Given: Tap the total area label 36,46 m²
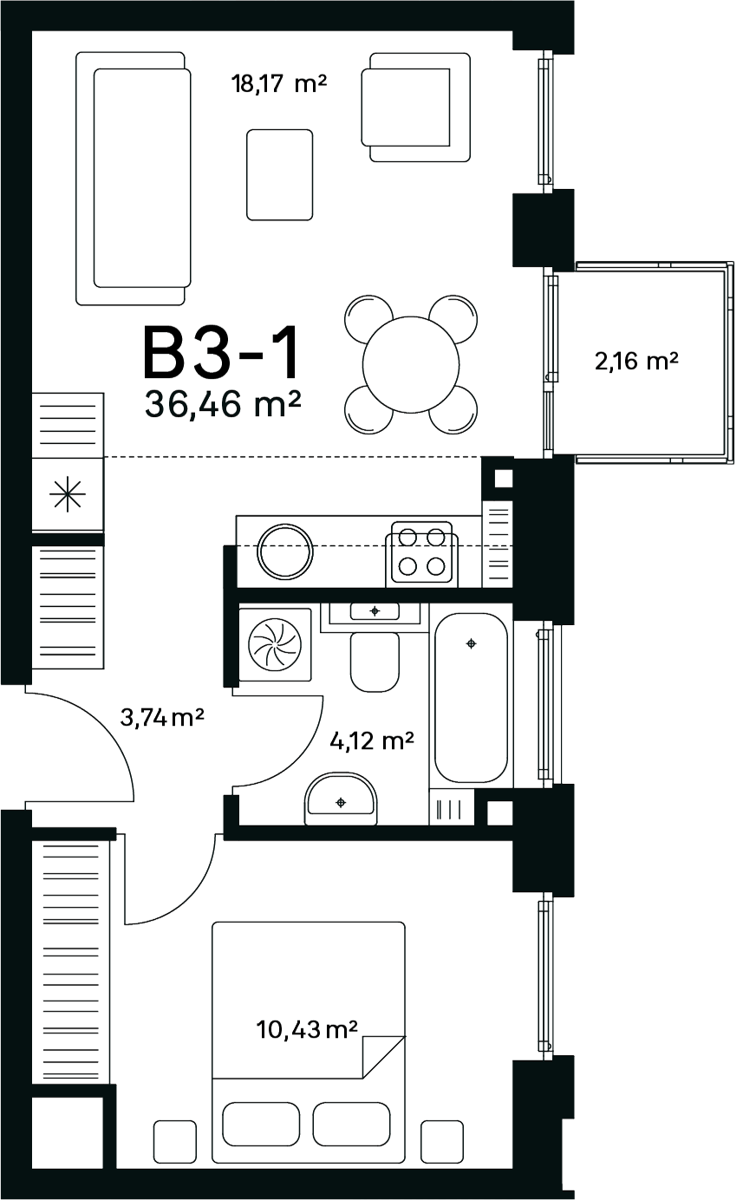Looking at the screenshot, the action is (222, 404).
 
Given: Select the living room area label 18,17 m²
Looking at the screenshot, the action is (278, 84).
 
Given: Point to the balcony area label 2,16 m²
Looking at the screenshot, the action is (636, 361).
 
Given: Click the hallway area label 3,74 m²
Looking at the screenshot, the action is (162, 717).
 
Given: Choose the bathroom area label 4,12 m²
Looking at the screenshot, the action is (372, 741).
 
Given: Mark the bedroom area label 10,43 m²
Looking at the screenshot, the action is (306, 1030).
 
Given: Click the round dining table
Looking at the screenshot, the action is (411, 364).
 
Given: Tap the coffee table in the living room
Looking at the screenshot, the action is (280, 174).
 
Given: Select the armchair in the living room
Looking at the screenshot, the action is (415, 108).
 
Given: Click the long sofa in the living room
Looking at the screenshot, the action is (134, 179).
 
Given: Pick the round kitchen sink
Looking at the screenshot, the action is (285, 551).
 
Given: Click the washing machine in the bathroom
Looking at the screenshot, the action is (275, 644).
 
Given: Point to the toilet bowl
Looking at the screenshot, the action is (375, 662).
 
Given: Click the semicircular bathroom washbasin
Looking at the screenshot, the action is (341, 799).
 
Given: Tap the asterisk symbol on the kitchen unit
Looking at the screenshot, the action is (68, 494).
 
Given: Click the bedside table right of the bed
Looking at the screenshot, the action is (442, 1140).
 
